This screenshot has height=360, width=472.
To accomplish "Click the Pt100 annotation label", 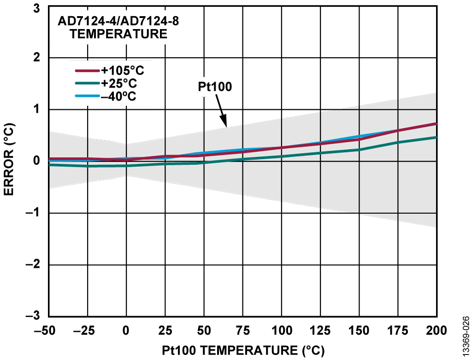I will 215,87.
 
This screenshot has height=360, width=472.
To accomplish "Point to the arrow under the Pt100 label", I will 221,113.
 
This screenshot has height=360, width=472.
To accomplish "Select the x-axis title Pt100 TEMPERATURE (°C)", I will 243,350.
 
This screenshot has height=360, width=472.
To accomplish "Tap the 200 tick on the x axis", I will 436,330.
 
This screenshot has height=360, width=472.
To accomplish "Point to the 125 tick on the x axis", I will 320,330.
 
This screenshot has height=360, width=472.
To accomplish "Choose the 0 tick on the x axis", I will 126,330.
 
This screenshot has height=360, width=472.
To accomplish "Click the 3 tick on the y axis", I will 36,6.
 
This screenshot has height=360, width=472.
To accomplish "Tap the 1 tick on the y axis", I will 36,110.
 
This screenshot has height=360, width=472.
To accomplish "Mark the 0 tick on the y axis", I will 36,161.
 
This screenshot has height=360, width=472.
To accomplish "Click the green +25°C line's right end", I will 435,137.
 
